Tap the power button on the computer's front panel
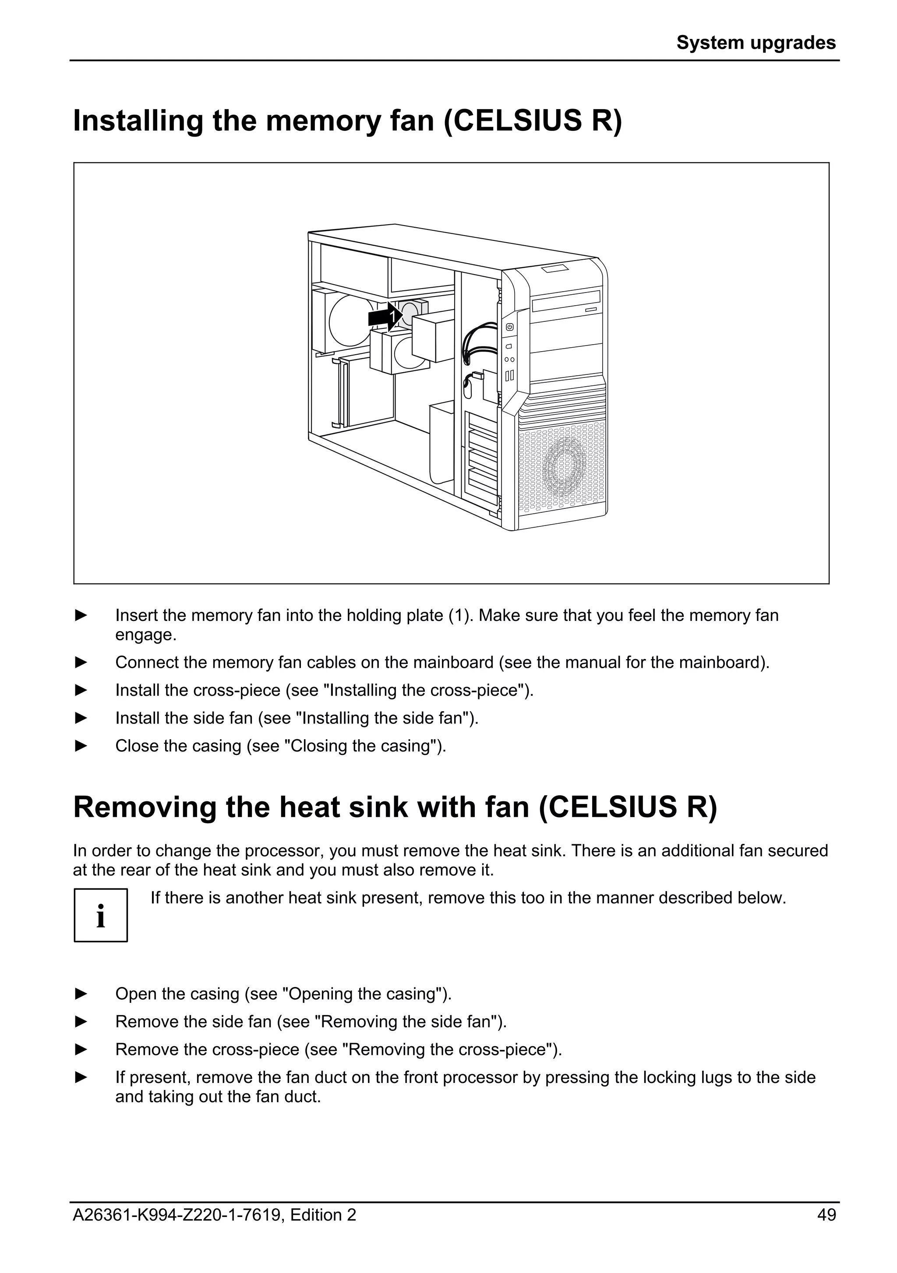[509, 327]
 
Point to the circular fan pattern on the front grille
[565, 466]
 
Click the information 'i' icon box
[101, 915]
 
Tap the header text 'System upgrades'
[756, 42]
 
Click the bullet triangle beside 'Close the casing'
[81, 746]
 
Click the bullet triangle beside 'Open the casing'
[81, 994]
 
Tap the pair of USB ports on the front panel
[509, 376]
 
